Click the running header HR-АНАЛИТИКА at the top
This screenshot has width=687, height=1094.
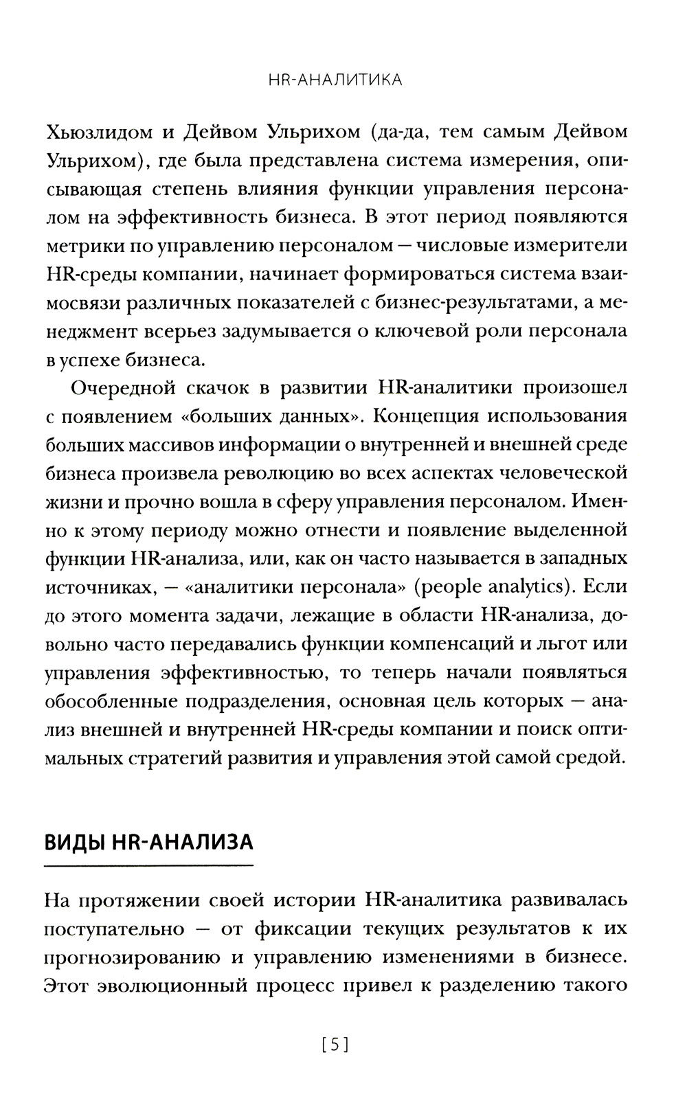click(x=335, y=80)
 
